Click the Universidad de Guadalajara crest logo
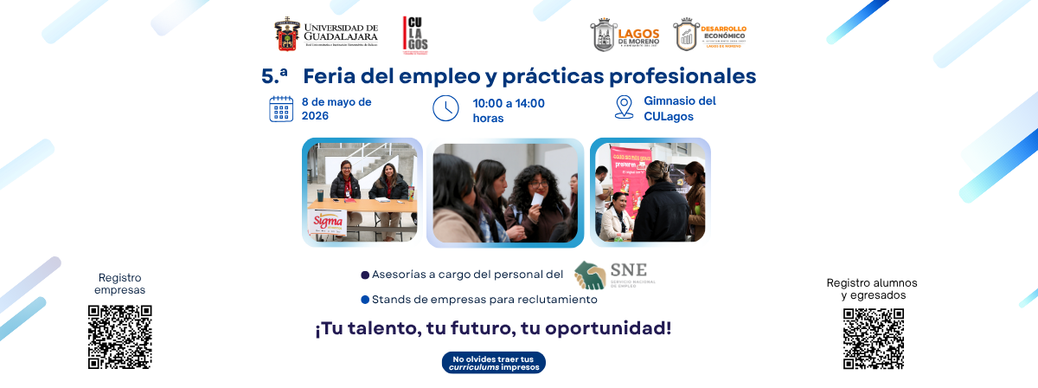coord(288,35)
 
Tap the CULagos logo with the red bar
coord(415,35)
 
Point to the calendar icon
coord(281,108)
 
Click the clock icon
coord(445,108)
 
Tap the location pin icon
coord(624,107)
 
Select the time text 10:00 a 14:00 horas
coord(509,110)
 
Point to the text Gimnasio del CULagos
coord(680,108)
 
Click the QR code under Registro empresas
coord(120,337)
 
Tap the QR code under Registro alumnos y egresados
coord(873,339)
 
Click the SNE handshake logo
coord(591,275)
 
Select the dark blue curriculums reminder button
coord(493,362)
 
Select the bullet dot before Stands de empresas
coord(365,300)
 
